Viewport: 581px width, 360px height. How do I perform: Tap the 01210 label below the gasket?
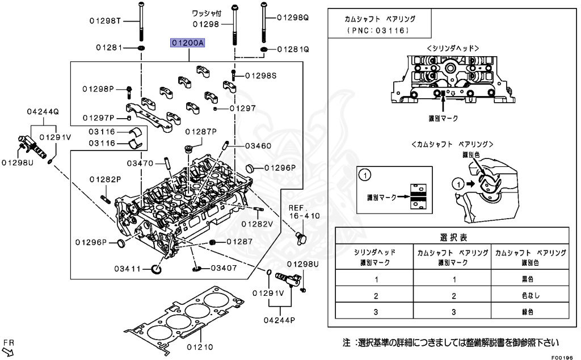coord(199,346)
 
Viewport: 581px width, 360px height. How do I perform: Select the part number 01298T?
coord(105,22)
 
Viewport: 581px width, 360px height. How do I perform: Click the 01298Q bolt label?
coord(293,18)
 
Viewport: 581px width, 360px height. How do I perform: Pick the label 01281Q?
coord(293,50)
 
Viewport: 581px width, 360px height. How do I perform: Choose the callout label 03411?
coord(127,268)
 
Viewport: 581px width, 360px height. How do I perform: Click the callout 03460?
coord(258,146)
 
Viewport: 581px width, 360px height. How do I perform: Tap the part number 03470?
coord(140,164)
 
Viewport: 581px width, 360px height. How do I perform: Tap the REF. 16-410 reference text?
coord(304,212)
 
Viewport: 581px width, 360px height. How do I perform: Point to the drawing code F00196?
coord(563,357)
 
